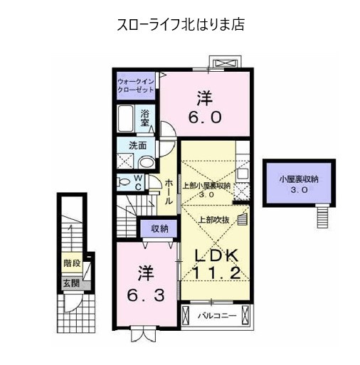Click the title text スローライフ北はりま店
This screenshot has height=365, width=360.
coord(181,24)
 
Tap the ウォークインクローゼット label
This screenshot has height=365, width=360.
coord(136,85)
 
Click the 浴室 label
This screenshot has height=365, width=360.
coord(144,118)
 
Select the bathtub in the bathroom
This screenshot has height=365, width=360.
coord(125,118)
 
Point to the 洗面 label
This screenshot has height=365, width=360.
coord(138,145)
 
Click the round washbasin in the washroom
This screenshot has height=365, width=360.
coord(147,162)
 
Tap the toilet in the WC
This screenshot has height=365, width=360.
coord(124,182)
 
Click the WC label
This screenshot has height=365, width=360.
coord(138,182)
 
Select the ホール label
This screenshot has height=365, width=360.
coord(169,192)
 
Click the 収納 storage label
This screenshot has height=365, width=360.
coord(160,228)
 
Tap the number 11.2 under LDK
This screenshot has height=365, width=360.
coord(216,273)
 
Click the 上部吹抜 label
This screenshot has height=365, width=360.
coord(213,220)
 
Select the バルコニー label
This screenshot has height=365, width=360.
coord(218,316)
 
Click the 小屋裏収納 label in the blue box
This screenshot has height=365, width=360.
coord(298,179)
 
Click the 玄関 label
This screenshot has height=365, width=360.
coord(71,283)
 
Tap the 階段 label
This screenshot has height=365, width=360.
coord(72,263)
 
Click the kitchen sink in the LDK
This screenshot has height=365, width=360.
coord(243,174)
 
